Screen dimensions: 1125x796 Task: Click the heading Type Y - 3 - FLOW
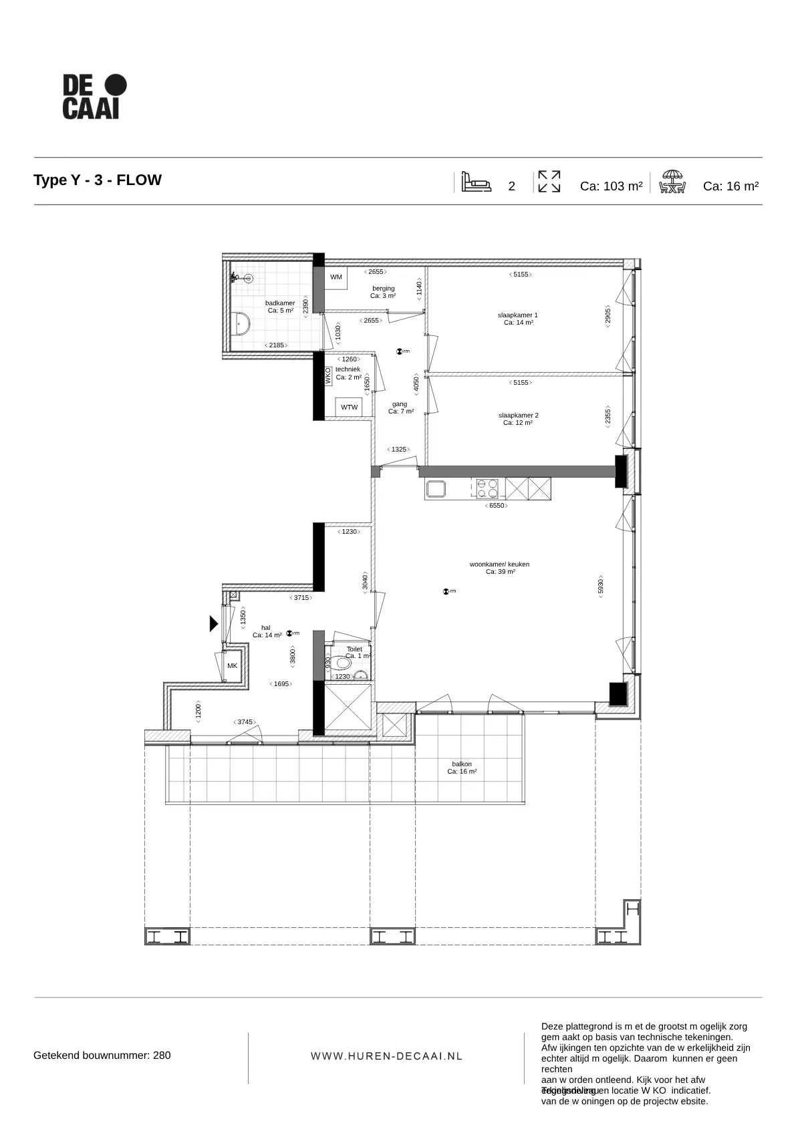(98, 180)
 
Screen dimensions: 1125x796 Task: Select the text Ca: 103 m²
(611, 186)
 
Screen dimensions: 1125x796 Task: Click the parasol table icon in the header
(672, 182)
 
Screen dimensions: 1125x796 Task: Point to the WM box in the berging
(336, 277)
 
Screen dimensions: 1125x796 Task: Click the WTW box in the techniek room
(349, 407)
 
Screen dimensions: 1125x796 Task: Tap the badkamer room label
(280, 307)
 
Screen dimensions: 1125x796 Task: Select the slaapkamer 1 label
(518, 319)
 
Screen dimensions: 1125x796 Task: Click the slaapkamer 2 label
(518, 419)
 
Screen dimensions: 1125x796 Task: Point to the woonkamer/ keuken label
(500, 568)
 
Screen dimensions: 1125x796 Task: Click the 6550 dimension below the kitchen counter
(497, 506)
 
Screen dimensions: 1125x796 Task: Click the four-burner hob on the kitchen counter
(487, 489)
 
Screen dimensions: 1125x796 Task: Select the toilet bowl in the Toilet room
(344, 663)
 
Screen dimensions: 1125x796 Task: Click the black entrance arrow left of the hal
(213, 623)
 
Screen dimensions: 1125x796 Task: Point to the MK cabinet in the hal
(232, 666)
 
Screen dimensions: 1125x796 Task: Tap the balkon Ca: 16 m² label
(462, 768)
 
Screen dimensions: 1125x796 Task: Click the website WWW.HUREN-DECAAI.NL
(386, 1056)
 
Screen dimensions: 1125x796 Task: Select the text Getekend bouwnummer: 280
(102, 1056)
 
